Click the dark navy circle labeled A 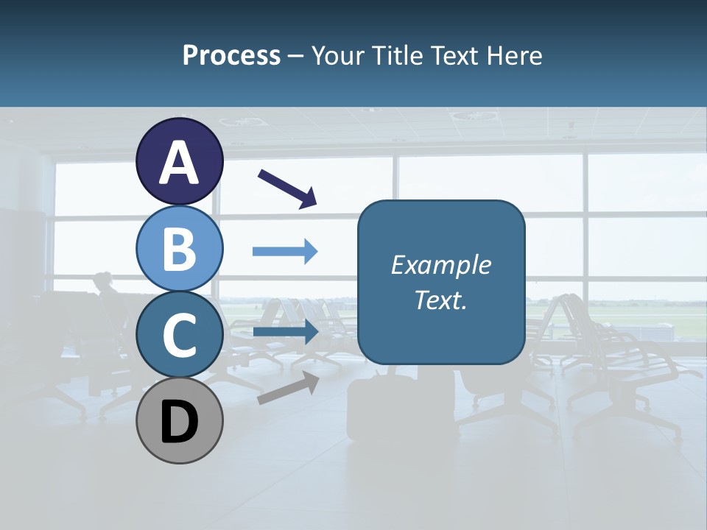click(179, 161)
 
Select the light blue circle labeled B click(179, 248)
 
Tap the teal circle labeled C click(179, 334)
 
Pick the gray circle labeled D click(179, 421)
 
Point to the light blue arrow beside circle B click(285, 252)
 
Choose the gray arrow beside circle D click(288, 387)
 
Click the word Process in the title click(231, 55)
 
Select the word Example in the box click(441, 265)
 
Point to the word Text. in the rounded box click(441, 300)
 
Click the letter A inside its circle click(179, 163)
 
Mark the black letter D click(179, 423)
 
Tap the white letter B click(179, 249)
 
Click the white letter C click(179, 336)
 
